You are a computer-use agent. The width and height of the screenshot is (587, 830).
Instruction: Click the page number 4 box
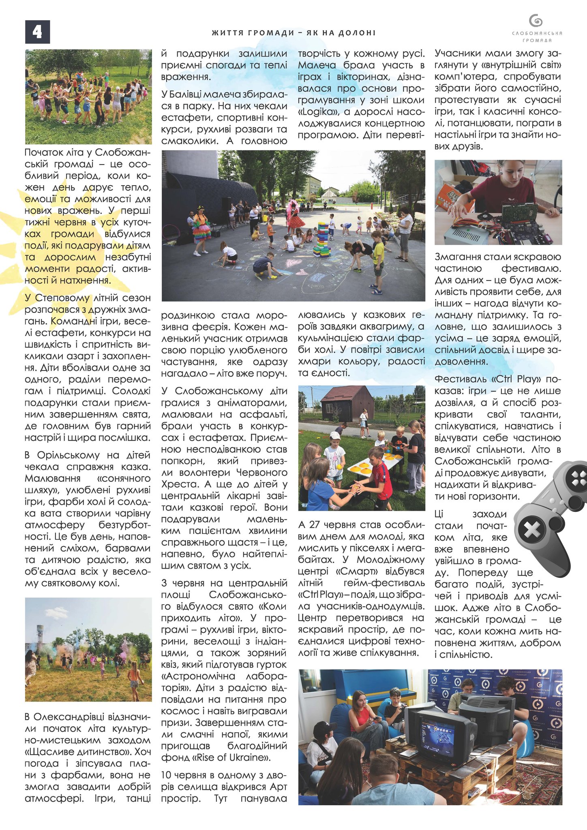pos(37,32)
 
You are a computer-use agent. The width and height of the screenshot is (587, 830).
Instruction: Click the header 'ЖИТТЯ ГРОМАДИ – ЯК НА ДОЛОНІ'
pos(293,33)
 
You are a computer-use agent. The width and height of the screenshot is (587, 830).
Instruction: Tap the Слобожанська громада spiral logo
pos(536,21)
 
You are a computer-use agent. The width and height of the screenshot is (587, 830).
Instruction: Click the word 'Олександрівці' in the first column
pos(69,717)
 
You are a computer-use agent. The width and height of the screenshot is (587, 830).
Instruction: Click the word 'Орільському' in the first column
pos(68,455)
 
